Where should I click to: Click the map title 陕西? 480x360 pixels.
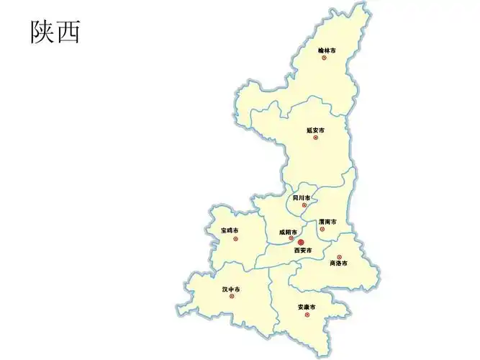tap(55, 31)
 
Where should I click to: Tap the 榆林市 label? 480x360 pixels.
tap(327, 50)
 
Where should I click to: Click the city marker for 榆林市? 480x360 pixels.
tap(325, 58)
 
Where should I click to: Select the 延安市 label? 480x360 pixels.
tap(315, 130)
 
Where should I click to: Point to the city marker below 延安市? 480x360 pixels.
tap(315, 138)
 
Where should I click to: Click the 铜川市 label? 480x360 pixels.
tap(302, 197)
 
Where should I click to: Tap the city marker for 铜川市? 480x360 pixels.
tap(304, 205)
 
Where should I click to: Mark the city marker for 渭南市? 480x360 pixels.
tap(322, 230)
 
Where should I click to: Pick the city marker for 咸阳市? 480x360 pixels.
tap(291, 238)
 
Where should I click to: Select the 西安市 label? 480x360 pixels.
tap(303, 251)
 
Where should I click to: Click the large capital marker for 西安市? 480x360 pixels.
tap(302, 243)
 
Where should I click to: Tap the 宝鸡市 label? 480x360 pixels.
tap(230, 230)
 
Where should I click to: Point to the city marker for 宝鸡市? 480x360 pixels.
tap(233, 238)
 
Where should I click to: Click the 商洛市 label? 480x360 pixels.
tap(338, 264)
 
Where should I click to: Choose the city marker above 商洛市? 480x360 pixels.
tap(339, 256)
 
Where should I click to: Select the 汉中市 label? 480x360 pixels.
tap(231, 289)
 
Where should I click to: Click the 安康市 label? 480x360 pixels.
tap(307, 307)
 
